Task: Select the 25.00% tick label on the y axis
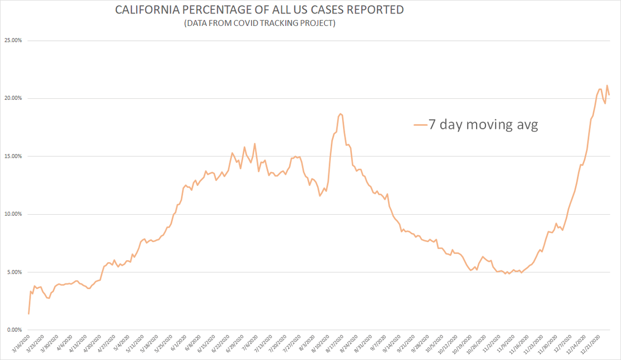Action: pyautogui.click(x=13, y=40)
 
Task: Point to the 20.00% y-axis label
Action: pyautogui.click(x=13, y=98)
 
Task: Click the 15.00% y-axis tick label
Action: pyautogui.click(x=13, y=156)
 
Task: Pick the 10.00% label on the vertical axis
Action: pyautogui.click(x=13, y=214)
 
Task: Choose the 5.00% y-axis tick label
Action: pyautogui.click(x=14, y=272)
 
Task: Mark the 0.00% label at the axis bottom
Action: pyautogui.click(x=14, y=330)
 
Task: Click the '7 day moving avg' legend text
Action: pyautogui.click(x=483, y=125)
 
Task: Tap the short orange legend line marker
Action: pyautogui.click(x=420, y=125)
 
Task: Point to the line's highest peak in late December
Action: pyautogui.click(x=607, y=85)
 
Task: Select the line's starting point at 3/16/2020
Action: pyautogui.click(x=28, y=313)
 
